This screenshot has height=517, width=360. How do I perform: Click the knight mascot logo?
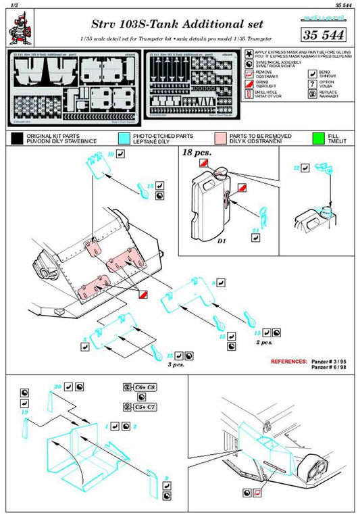[19, 27]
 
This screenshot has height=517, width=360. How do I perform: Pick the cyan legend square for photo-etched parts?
[123, 139]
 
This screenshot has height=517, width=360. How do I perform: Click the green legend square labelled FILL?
[317, 139]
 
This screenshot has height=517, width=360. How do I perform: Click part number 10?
[111, 155]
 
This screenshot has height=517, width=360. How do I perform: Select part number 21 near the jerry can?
[255, 230]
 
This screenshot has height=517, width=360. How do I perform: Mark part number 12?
[296, 166]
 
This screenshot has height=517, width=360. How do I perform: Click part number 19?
[24, 410]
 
